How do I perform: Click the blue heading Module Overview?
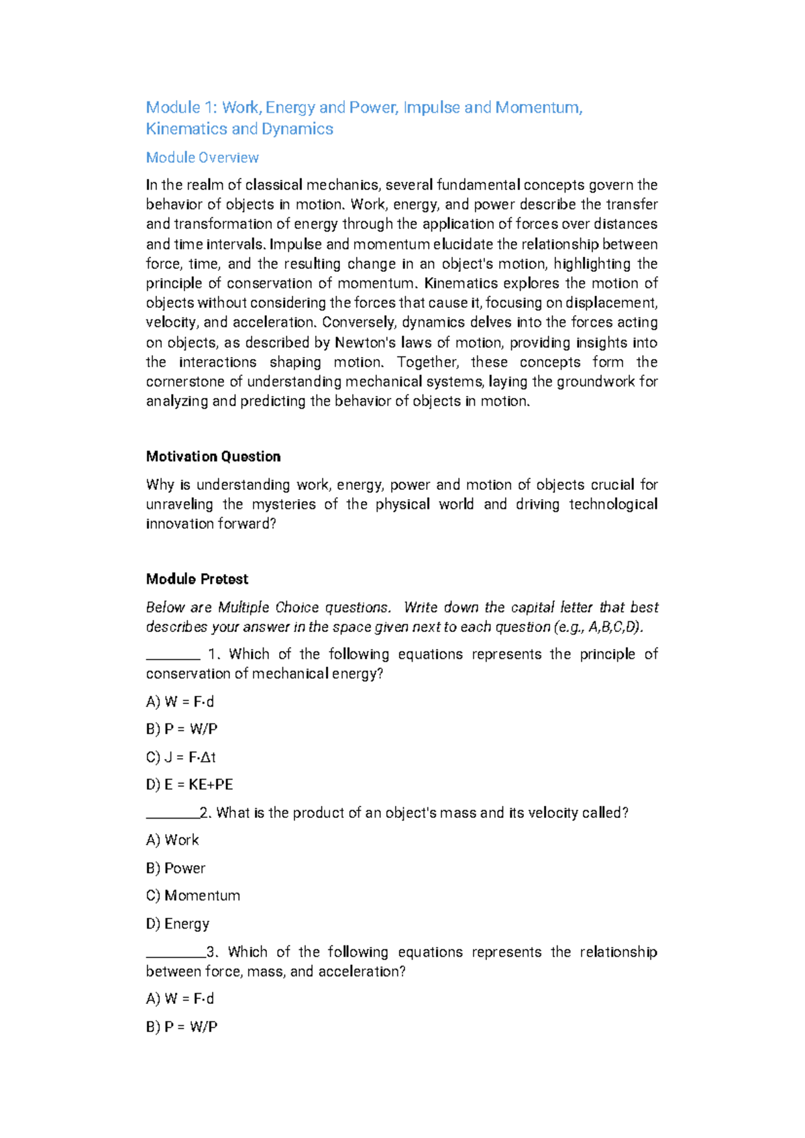click(x=202, y=158)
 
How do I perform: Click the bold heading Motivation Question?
click(x=213, y=457)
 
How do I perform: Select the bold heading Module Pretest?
click(x=197, y=579)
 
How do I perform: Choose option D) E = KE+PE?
click(x=189, y=784)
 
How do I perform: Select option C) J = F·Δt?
click(x=180, y=757)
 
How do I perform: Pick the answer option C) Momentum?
click(x=193, y=896)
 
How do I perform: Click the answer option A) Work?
click(x=172, y=840)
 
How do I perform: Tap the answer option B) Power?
click(x=175, y=868)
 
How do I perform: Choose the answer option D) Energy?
click(x=177, y=924)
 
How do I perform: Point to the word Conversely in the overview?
click(x=358, y=323)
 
